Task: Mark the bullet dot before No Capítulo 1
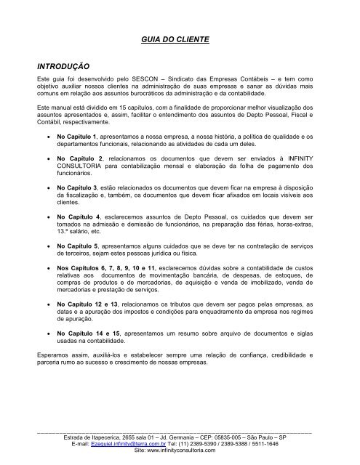48,137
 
